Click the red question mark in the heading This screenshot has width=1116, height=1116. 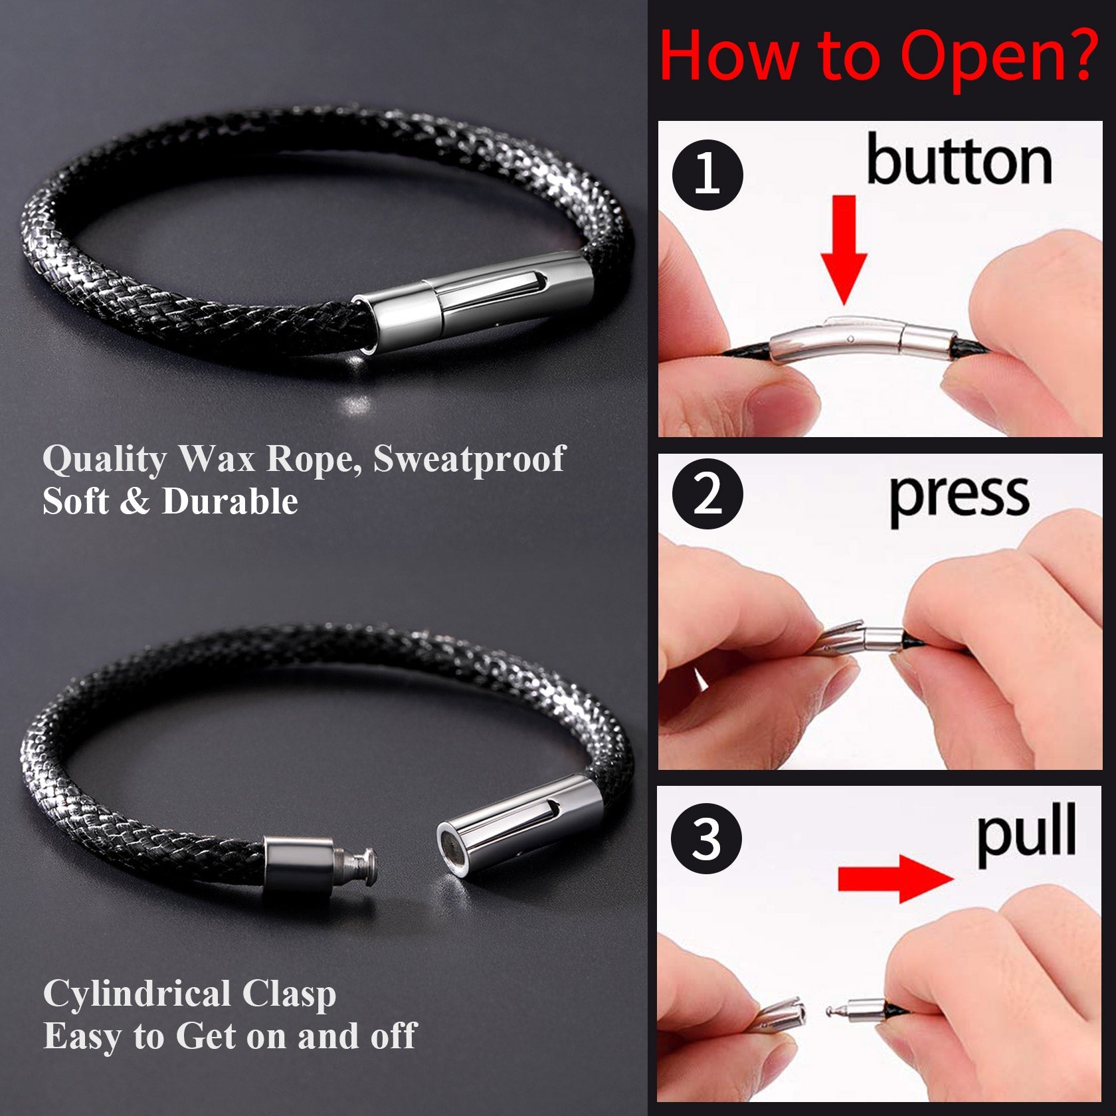pos(1076,54)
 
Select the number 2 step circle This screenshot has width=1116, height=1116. pos(707,494)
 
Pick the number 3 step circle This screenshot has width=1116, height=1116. pos(707,838)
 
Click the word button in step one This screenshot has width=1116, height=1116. pos(959,160)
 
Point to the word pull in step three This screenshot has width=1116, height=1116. pos(1026,834)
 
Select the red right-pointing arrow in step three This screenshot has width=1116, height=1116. pos(895,878)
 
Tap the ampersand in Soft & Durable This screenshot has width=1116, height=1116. pos(136,502)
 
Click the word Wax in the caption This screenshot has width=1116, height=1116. pos(217,458)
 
